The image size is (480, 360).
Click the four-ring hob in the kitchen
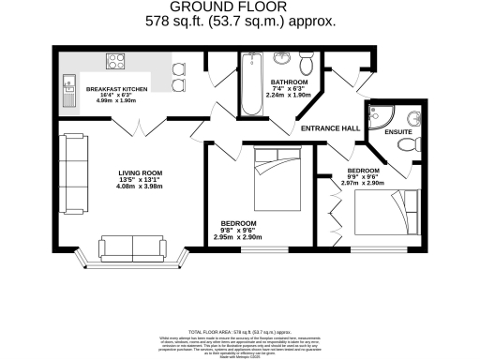[x=117, y=62]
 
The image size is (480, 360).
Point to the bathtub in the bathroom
[x=252, y=83]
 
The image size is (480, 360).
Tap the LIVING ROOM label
[x=141, y=172]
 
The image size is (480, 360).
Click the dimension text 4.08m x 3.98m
[x=141, y=187]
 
